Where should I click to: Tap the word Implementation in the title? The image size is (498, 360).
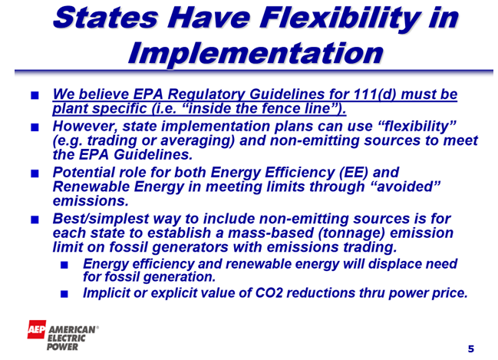(x=256, y=53)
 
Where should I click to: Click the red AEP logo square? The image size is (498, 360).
(x=37, y=329)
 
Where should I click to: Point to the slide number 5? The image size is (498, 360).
(x=471, y=349)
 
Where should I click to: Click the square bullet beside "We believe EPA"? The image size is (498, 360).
(x=35, y=95)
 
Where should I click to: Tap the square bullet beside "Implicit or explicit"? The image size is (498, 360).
(x=64, y=293)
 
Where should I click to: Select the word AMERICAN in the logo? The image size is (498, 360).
(x=72, y=329)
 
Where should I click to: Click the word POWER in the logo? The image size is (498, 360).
(x=63, y=347)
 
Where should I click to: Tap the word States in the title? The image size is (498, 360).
(x=105, y=18)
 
